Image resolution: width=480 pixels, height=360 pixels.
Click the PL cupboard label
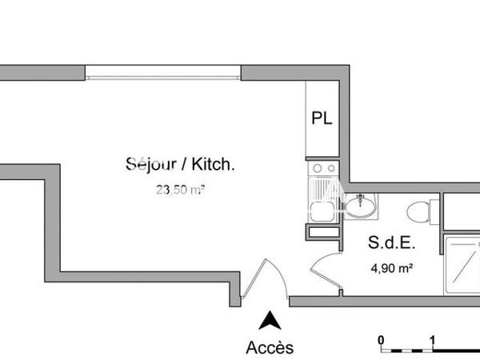point(322,119)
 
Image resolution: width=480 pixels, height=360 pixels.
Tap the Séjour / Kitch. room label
point(180,165)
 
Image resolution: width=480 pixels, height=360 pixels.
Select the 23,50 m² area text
point(180,190)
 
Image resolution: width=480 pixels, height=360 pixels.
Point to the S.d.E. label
point(391,242)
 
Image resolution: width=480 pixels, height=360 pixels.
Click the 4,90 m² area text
point(391,268)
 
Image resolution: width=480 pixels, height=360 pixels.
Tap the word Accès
point(270,347)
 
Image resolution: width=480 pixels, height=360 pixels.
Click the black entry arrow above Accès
point(270,321)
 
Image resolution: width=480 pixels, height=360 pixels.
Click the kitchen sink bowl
point(322,211)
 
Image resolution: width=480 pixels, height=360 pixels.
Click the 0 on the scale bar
point(382,338)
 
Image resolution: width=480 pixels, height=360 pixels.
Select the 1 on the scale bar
point(432,338)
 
